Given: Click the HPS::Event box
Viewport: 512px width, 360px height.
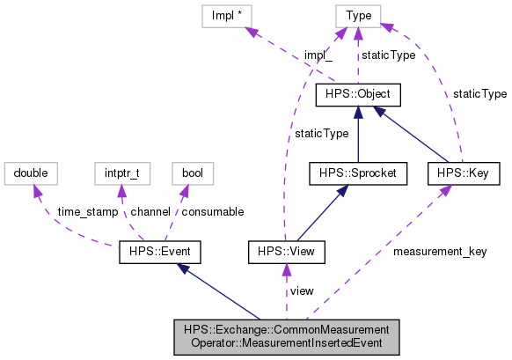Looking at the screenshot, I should click(x=160, y=253).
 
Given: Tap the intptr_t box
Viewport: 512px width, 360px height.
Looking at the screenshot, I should click(x=118, y=173).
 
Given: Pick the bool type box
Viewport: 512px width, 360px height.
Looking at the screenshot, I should click(x=193, y=173).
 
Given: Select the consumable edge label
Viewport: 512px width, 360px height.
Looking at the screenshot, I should click(x=212, y=212).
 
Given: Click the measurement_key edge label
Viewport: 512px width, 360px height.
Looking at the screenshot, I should click(x=440, y=252).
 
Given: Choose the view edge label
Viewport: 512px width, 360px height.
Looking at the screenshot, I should click(x=302, y=290).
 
